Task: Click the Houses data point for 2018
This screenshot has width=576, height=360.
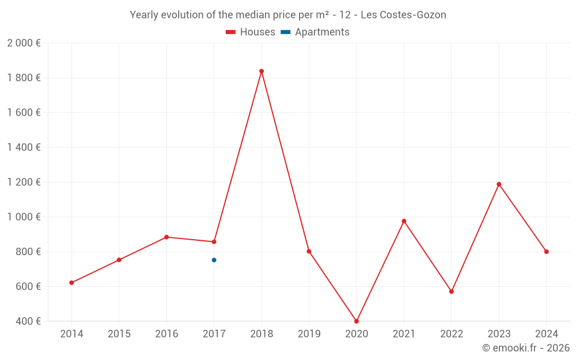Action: pyautogui.click(x=262, y=71)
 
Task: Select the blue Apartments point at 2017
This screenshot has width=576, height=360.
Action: pyautogui.click(x=214, y=260)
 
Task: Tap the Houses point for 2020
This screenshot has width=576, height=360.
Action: pyautogui.click(x=357, y=321)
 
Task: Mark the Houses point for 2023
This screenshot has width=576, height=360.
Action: pyautogui.click(x=499, y=184)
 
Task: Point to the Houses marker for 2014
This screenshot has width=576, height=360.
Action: pyautogui.click(x=71, y=283)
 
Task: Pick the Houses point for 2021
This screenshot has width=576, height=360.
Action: pyautogui.click(x=404, y=221)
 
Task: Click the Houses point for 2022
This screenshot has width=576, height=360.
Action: pyautogui.click(x=452, y=291)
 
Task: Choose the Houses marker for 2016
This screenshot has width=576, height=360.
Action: pyautogui.click(x=166, y=237)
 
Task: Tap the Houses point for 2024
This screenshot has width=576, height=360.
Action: pyautogui.click(x=547, y=252)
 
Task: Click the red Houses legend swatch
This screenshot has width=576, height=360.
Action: pyautogui.click(x=230, y=32)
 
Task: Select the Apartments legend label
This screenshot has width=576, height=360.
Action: pyautogui.click(x=322, y=32)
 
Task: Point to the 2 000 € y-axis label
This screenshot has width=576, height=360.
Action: pyautogui.click(x=24, y=43)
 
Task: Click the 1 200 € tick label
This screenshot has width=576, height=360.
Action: pyautogui.click(x=24, y=182)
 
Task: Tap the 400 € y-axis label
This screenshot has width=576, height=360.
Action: pyautogui.click(x=28, y=321)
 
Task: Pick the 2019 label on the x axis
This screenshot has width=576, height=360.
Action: pyautogui.click(x=309, y=334)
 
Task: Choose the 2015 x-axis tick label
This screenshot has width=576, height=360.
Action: pyautogui.click(x=119, y=334)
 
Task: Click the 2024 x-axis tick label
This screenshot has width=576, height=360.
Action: pyautogui.click(x=547, y=334)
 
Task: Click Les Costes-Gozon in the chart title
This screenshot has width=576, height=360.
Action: pyautogui.click(x=403, y=15)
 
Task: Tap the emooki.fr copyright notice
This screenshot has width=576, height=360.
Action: pyautogui.click(x=526, y=348)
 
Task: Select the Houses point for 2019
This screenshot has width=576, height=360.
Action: pyautogui.click(x=309, y=251)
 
